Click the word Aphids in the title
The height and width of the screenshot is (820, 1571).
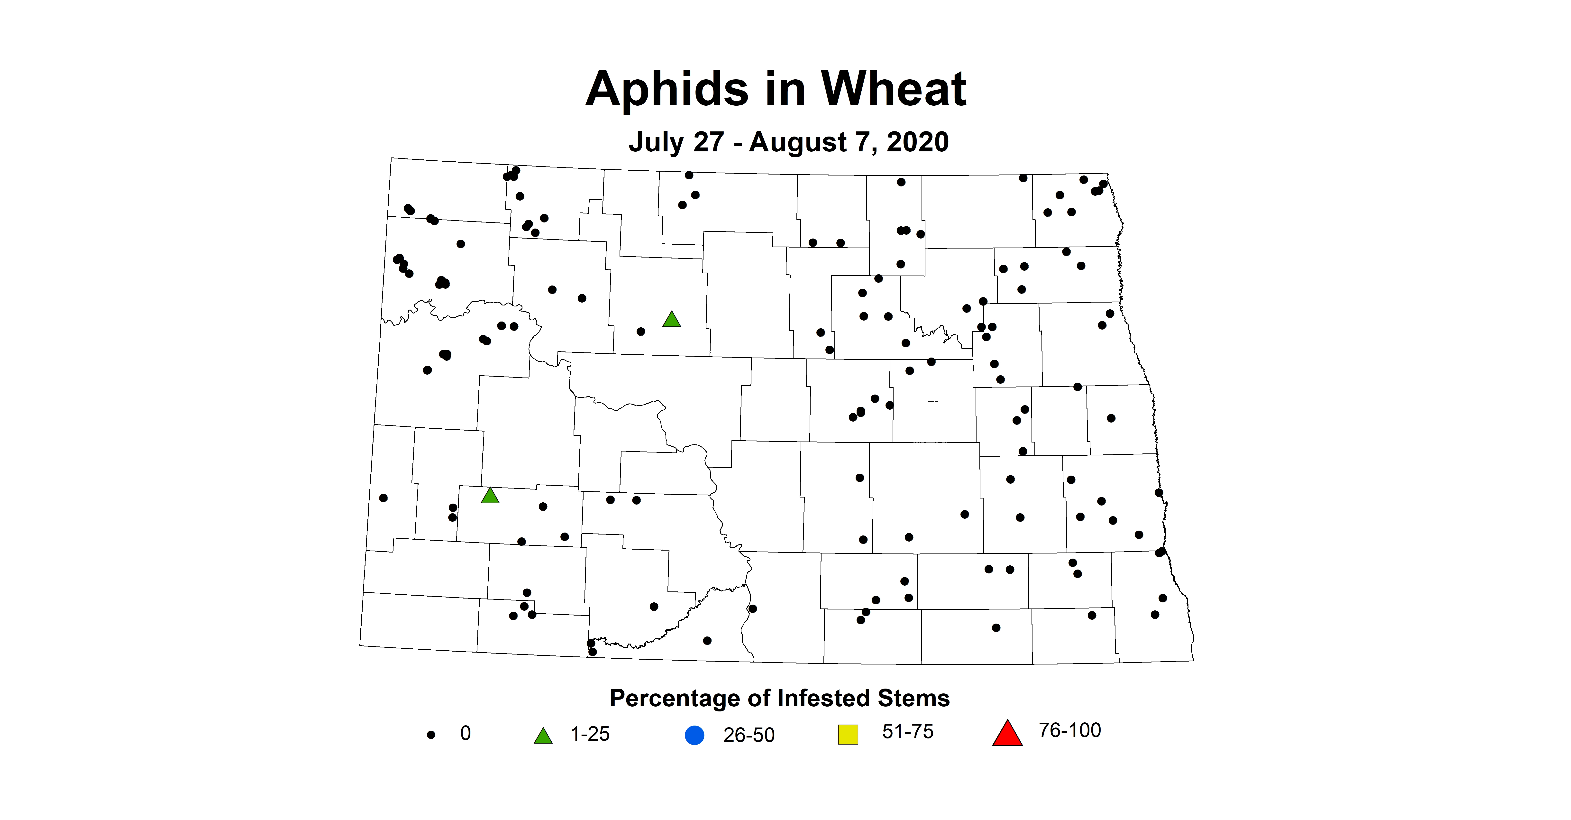(x=667, y=90)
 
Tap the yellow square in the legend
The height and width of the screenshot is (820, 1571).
(x=848, y=734)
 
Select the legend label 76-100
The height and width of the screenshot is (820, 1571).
(x=1070, y=730)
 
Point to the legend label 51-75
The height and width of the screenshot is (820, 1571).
(x=907, y=732)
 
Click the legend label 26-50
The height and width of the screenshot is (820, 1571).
(x=749, y=735)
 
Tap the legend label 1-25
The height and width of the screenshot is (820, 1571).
(x=590, y=734)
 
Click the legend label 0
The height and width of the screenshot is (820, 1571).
(x=465, y=733)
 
